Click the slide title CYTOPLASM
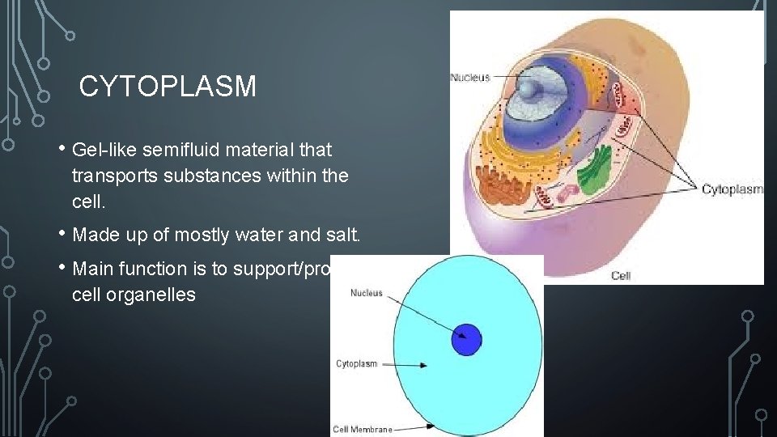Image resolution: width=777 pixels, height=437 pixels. pos(168,87)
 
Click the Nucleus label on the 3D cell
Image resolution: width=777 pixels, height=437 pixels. pos(470,78)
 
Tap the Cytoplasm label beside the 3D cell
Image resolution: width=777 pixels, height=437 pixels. pos(731,189)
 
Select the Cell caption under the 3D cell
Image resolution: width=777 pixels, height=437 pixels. pos(621,275)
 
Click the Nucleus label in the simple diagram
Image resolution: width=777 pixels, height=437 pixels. pos(366,293)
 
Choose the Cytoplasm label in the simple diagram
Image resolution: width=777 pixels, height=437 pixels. pos(356,364)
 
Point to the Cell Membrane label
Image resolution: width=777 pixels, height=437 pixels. pos(363,430)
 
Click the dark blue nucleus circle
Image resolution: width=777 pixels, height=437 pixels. pos(466,338)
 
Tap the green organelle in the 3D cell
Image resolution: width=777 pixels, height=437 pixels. pos(596,170)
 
